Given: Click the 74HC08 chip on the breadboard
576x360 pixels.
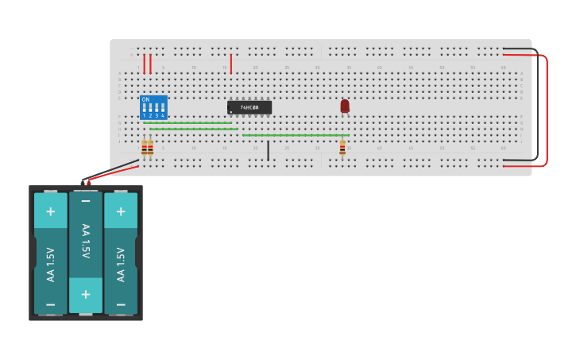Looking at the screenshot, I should click(x=249, y=107).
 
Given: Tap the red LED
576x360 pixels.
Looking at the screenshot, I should click(x=345, y=105).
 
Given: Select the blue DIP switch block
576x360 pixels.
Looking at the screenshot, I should click(x=153, y=107).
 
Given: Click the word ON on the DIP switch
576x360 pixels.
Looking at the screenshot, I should click(x=145, y=99).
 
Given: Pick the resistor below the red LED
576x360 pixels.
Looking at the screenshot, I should click(x=342, y=148).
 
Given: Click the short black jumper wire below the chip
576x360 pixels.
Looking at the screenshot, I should click(x=268, y=150).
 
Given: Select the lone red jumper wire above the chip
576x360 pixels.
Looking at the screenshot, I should click(x=231, y=64).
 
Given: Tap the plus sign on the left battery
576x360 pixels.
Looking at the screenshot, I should click(x=51, y=211).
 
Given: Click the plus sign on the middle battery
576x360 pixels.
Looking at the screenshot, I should click(x=86, y=294).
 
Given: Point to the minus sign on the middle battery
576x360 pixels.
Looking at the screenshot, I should click(x=86, y=203).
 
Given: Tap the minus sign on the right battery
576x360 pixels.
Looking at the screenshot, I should click(x=121, y=304).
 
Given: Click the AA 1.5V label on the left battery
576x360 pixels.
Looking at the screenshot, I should click(x=51, y=265).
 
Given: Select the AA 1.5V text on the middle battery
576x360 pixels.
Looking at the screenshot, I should click(x=86, y=241).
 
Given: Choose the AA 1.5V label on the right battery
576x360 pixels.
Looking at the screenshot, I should click(x=121, y=265).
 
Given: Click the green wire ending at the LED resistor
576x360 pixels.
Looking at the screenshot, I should click(x=294, y=135).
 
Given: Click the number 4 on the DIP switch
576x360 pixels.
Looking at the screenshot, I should click(x=163, y=116).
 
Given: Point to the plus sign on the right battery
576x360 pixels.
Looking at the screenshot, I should click(x=121, y=211).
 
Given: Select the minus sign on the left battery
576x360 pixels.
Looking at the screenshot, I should click(x=51, y=304).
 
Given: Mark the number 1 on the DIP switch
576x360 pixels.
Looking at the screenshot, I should click(x=144, y=116).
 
